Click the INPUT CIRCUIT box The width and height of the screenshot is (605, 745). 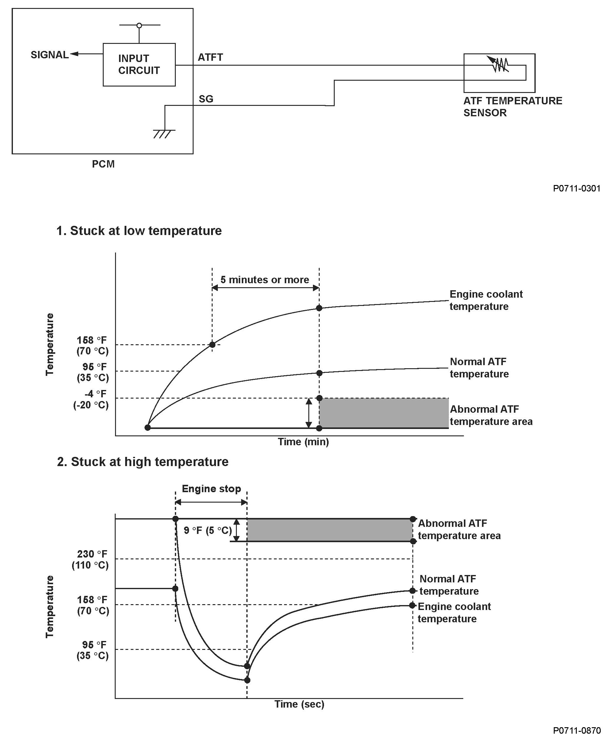point(139,64)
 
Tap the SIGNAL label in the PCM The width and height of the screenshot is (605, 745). point(49,55)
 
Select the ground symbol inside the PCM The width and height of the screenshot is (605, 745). point(164,133)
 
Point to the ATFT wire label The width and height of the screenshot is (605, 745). point(210,57)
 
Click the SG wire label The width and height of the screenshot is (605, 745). point(206,99)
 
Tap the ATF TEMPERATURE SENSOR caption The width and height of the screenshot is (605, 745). point(512,107)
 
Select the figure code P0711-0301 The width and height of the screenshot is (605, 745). point(576,188)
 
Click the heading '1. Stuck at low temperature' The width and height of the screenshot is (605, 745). point(139,231)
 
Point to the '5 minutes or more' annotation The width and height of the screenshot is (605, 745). point(264,280)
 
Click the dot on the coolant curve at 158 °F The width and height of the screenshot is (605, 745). point(212,345)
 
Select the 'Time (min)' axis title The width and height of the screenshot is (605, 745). point(303,442)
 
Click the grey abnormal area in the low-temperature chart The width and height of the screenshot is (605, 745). point(383,413)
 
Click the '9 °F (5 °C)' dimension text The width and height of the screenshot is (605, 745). point(208,530)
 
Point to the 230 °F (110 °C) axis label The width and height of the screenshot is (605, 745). point(91,559)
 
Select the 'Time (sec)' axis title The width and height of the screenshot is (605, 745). point(299,704)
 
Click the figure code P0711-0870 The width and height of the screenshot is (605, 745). point(576,730)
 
